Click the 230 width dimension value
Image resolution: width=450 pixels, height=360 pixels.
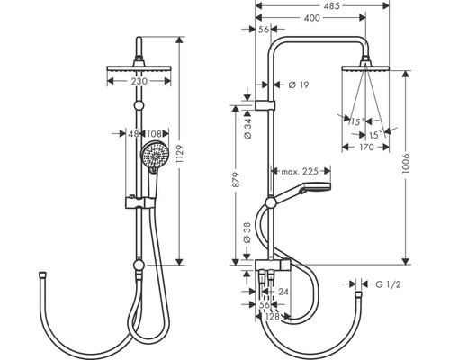[x=139, y=81]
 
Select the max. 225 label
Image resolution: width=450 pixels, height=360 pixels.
[x=301, y=170]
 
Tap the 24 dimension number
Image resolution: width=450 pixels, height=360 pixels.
[x=284, y=292]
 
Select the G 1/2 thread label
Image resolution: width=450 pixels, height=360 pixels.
[x=390, y=285]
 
